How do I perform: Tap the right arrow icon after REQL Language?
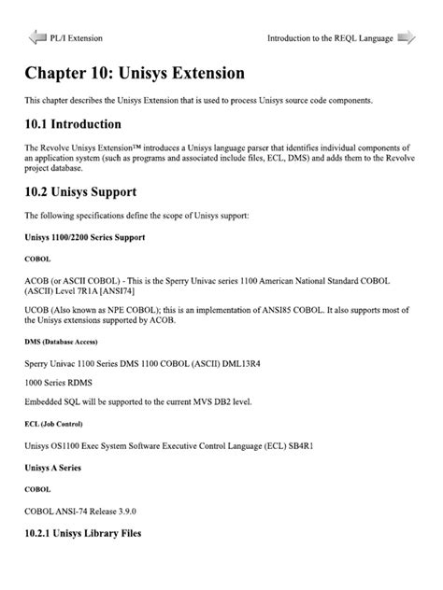pyautogui.click(x=407, y=37)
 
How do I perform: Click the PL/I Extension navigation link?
pyautogui.click(x=77, y=38)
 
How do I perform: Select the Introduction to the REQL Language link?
pyautogui.click(x=330, y=38)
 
